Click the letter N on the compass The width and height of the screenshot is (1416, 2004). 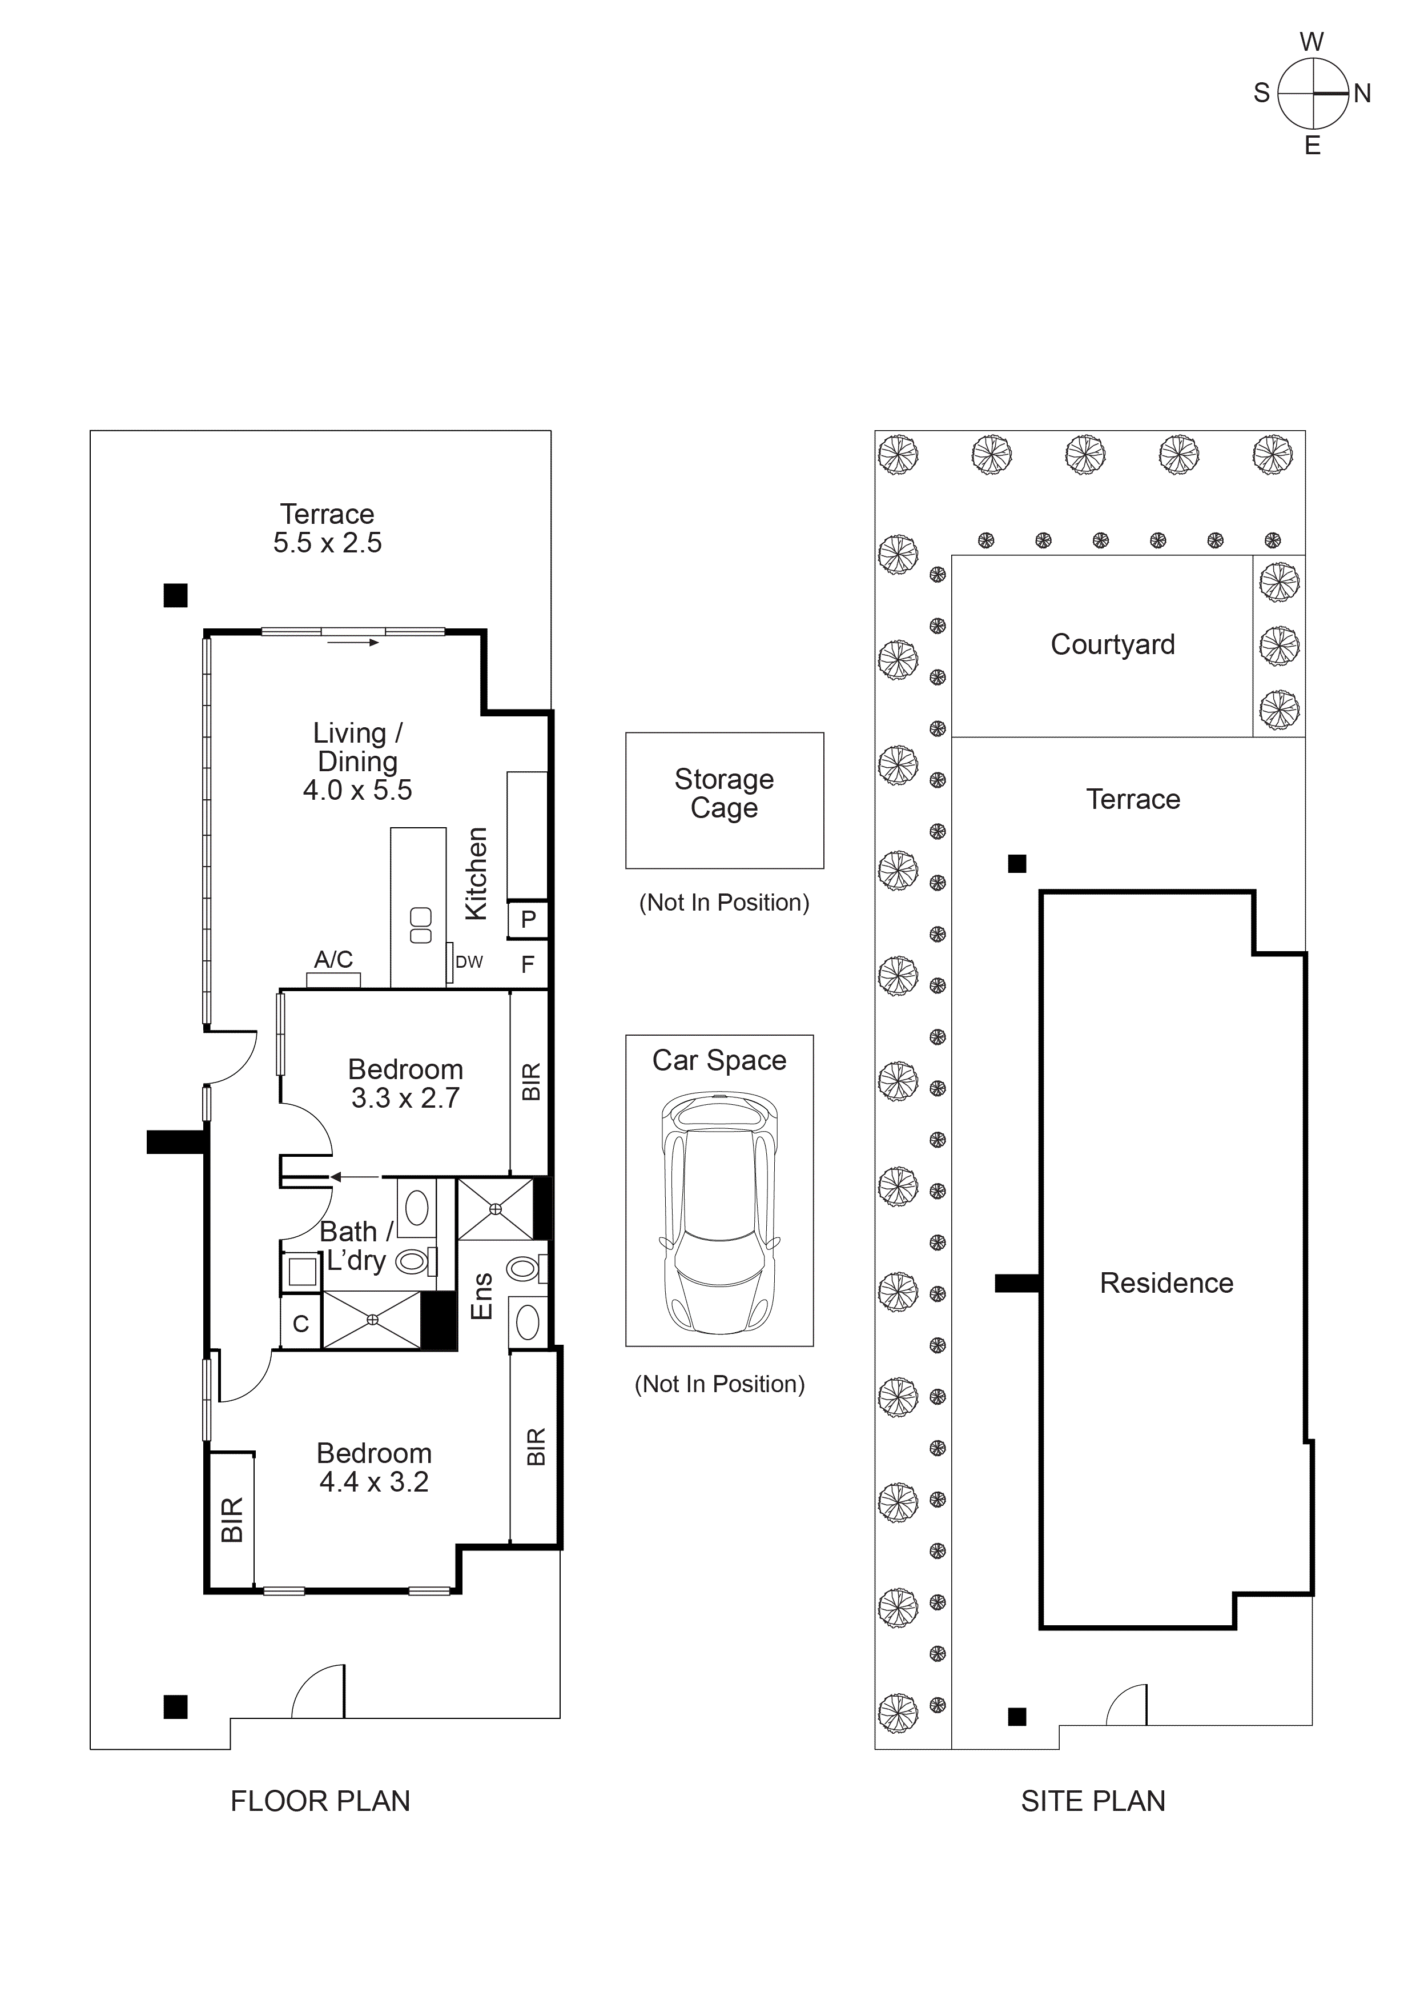1362,93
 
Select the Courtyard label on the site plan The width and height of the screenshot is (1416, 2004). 1112,644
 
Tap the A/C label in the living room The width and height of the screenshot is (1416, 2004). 333,959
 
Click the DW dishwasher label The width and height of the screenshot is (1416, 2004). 469,962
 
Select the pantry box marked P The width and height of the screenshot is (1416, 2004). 528,919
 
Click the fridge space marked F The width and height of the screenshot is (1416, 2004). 527,964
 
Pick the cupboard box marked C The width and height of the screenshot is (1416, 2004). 301,1324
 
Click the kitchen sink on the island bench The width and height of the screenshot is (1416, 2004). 421,925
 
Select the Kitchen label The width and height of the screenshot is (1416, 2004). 476,873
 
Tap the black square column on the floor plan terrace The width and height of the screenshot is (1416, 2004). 175,595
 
